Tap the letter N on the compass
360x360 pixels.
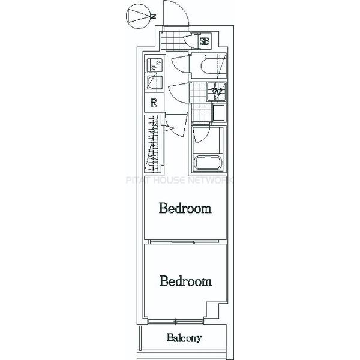(x=154, y=16)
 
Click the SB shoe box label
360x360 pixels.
(x=205, y=41)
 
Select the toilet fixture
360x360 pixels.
(x=209, y=66)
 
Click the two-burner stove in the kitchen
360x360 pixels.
(x=155, y=65)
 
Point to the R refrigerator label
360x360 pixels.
(x=154, y=103)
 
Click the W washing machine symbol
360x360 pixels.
(x=217, y=92)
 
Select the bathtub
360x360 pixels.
(x=208, y=163)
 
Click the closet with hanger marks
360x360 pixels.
(x=153, y=143)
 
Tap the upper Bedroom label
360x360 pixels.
(x=185, y=208)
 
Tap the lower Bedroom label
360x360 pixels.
(x=185, y=281)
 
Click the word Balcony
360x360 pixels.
(x=184, y=338)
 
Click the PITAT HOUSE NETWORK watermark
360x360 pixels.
(x=179, y=180)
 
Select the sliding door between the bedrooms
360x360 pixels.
(x=184, y=242)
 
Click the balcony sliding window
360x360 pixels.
(x=175, y=322)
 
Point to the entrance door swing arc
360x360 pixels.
(x=176, y=13)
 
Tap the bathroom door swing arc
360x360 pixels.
(x=202, y=135)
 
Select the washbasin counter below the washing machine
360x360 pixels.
(x=219, y=113)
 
